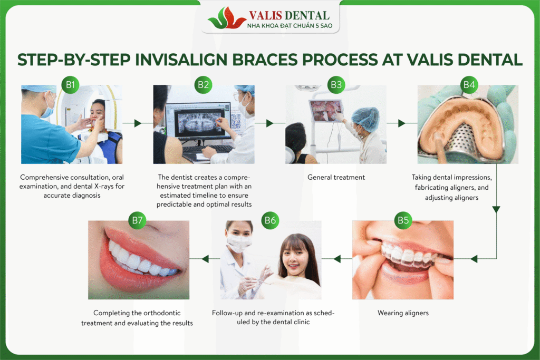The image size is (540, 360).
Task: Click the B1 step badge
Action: coord(71,85)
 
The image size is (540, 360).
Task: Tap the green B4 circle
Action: coord(469,85)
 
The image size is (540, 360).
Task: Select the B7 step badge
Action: coord(137,220)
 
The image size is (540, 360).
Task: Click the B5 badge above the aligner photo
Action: coord(403,220)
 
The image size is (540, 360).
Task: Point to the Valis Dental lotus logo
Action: coord(227,18)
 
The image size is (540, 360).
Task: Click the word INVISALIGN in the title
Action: coord(181,60)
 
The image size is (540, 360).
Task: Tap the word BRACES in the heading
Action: coord(265,60)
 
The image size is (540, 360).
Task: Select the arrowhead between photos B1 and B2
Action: coord(138,123)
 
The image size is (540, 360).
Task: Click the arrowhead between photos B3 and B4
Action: coord(401,123)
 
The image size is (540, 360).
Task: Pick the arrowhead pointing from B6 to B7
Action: coord(205,258)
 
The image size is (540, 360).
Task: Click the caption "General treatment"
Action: coord(336,177)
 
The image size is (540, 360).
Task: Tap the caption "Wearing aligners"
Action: coord(403,313)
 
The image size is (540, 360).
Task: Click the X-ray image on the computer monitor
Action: coord(198,123)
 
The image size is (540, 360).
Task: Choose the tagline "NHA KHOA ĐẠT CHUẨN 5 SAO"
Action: coord(290,26)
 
